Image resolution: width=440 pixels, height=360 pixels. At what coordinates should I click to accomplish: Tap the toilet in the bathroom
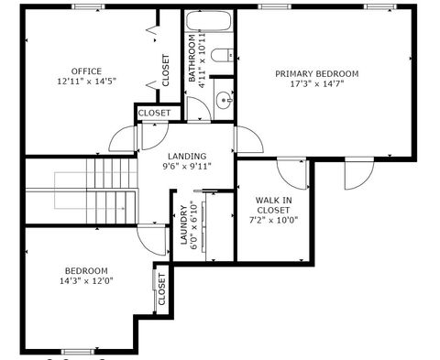coord(222,56)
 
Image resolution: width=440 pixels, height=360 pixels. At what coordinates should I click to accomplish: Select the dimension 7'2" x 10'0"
coord(273,220)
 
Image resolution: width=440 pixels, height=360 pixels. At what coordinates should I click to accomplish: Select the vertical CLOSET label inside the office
coord(166,71)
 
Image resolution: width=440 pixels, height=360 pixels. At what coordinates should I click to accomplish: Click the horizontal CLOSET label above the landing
coord(154,114)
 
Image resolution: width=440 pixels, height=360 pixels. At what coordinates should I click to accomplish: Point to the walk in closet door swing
coord(291,174)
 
